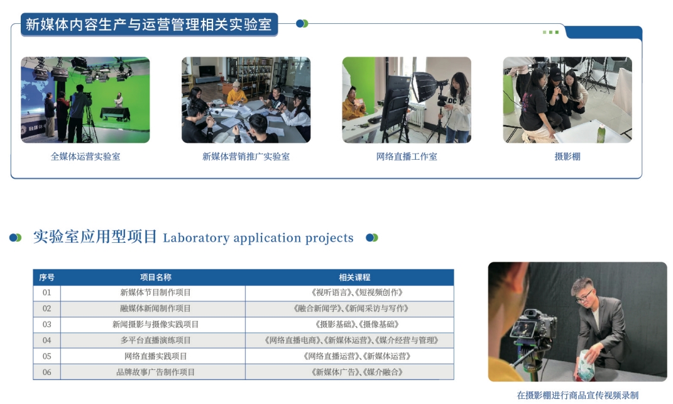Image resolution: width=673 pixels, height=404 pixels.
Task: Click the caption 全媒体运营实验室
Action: click(x=85, y=157)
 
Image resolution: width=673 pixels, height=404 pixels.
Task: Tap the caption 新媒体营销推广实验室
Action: click(x=246, y=157)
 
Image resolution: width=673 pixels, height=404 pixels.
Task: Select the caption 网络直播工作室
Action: click(x=407, y=157)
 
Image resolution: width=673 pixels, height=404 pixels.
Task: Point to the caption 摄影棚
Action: click(x=567, y=157)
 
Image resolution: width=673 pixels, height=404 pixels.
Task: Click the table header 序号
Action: click(x=47, y=278)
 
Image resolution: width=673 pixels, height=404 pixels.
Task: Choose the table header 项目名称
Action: click(x=155, y=278)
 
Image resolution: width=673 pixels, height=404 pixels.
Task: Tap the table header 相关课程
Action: click(x=354, y=278)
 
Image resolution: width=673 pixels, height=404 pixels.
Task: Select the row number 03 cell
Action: click(x=47, y=325)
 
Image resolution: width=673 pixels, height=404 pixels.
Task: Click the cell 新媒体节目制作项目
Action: click(x=155, y=293)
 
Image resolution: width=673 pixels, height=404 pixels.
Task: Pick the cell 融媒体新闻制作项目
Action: click(x=155, y=308)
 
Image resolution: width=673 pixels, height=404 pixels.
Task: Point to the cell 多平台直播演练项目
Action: click(x=155, y=340)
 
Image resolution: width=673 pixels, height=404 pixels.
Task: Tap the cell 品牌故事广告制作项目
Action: click(x=155, y=372)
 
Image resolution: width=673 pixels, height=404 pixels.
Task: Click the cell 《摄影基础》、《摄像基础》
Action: click(x=357, y=325)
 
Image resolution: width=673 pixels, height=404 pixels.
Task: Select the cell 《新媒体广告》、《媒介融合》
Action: click(x=357, y=372)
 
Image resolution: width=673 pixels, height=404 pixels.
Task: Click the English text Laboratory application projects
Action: click(x=258, y=238)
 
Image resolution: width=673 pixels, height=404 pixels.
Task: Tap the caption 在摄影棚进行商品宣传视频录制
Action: click(x=577, y=395)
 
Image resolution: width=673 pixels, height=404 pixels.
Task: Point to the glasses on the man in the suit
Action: click(x=584, y=296)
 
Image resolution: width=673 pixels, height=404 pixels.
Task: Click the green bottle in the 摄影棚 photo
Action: click(x=601, y=133)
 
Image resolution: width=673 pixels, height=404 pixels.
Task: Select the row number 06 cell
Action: click(x=47, y=372)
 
